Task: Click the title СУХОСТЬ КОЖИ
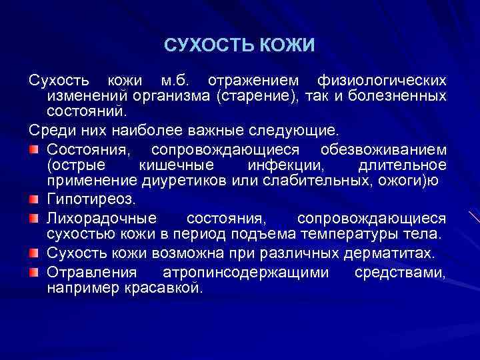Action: tap(239, 45)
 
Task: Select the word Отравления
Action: tap(92, 273)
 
